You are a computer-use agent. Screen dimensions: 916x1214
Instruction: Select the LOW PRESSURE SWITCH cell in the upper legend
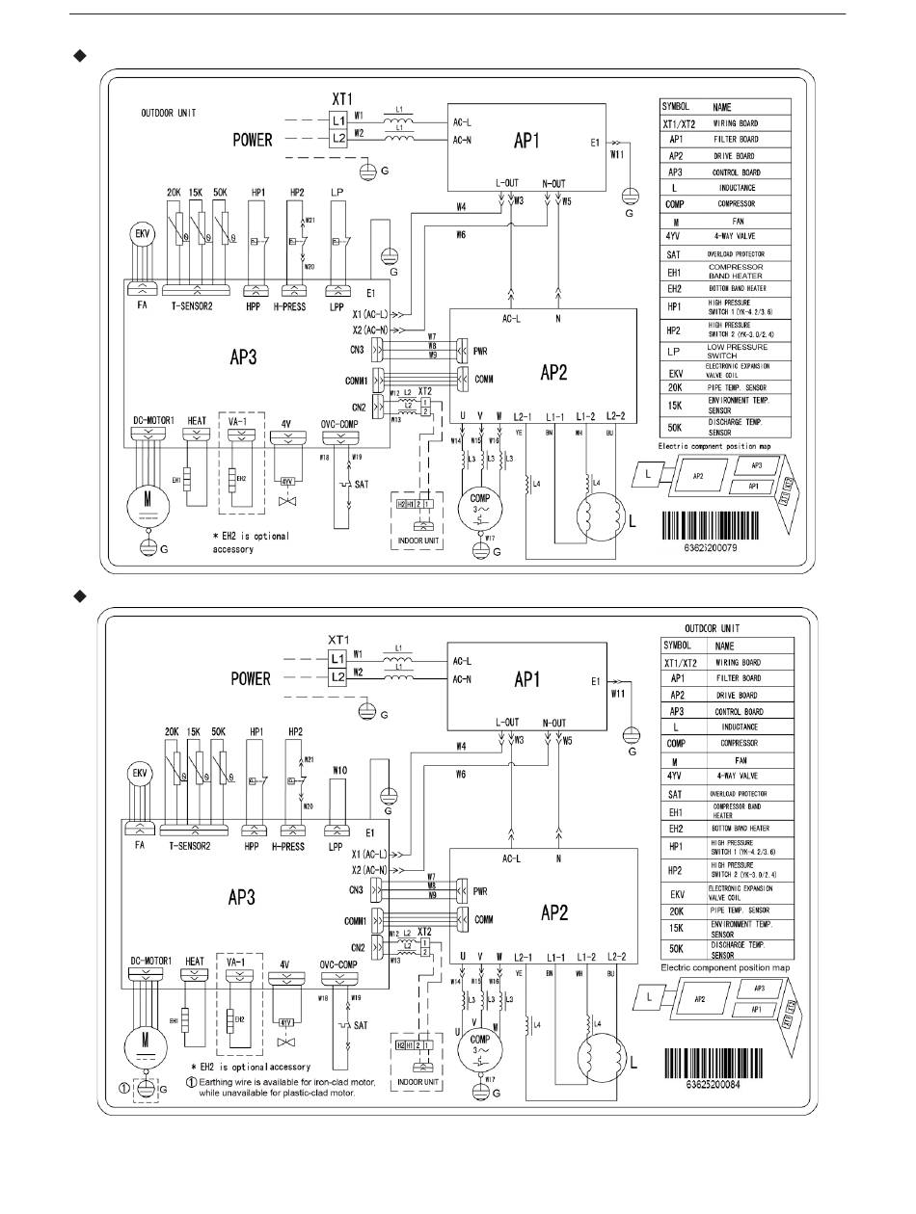[738, 351]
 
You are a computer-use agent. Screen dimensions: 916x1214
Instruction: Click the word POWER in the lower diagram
[252, 678]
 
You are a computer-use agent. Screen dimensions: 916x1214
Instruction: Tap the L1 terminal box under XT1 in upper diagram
[338, 121]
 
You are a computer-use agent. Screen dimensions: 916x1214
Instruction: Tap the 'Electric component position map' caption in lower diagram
[724, 966]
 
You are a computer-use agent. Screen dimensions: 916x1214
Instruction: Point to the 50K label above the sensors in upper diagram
[220, 193]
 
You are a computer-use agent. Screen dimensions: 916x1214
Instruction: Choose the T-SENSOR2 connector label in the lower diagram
[197, 846]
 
